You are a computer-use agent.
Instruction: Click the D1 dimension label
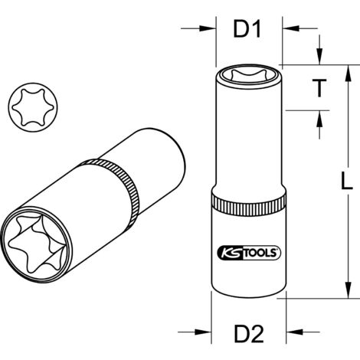247,31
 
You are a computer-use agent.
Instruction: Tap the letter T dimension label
319,88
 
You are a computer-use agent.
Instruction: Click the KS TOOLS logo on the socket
247,250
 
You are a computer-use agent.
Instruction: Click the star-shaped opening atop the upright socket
247,77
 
